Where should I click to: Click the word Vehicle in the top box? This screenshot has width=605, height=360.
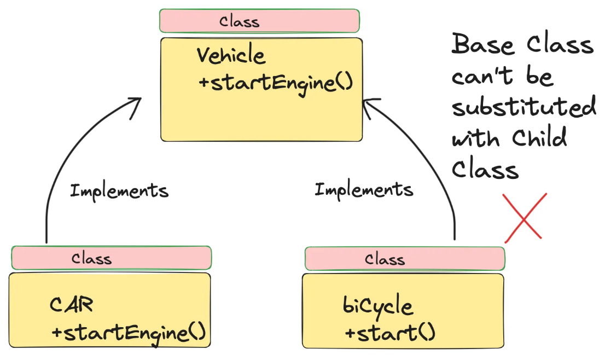(x=231, y=55)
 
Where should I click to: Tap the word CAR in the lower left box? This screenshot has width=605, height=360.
(x=72, y=305)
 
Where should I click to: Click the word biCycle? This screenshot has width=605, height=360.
(x=377, y=306)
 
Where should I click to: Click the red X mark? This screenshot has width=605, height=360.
(x=524, y=218)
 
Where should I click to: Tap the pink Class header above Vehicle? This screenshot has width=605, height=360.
(x=260, y=21)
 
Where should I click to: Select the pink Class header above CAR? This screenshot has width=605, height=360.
(x=112, y=258)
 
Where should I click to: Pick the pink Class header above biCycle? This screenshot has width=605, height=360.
(x=405, y=259)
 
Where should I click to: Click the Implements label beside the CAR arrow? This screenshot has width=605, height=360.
(x=119, y=191)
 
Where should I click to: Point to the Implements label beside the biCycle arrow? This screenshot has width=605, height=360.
(x=364, y=190)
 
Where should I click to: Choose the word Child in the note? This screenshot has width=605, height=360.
(x=539, y=138)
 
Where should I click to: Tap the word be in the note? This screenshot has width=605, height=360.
(x=540, y=76)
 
